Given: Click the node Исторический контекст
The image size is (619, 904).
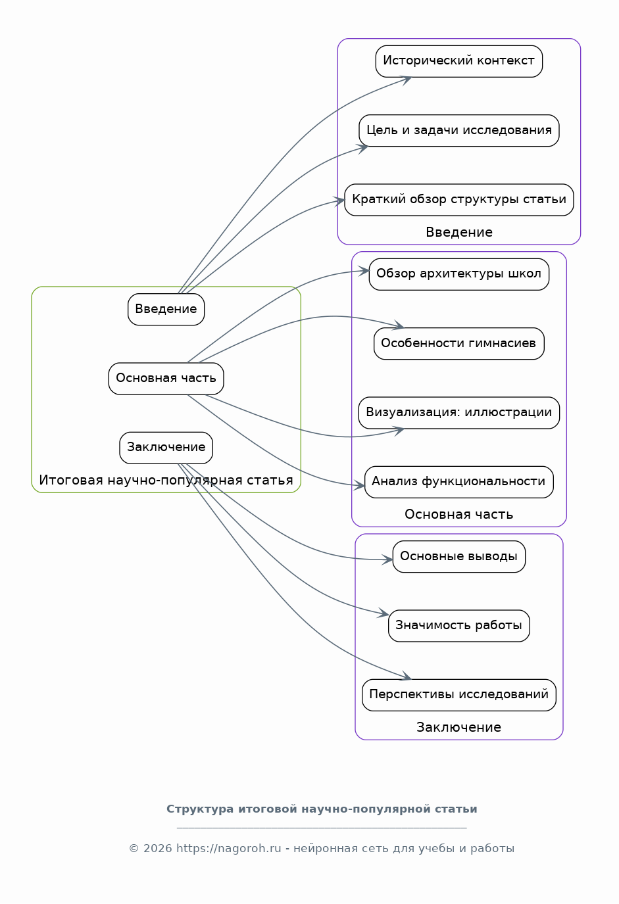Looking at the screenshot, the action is coord(458,61).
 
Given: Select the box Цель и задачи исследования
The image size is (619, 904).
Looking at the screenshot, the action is coord(458,130).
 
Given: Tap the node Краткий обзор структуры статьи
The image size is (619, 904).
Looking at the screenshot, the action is coord(458,200).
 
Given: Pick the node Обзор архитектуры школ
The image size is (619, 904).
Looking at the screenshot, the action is coord(458,274).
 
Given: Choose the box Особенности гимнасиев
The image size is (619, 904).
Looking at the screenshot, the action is coord(458,343).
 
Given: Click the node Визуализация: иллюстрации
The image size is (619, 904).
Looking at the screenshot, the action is coord(458,413).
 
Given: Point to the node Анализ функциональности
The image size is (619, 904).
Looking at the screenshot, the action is coord(458,482).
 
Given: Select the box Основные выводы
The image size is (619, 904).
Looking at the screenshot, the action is coord(458,556).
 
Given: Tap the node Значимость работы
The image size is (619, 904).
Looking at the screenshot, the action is coord(458,625).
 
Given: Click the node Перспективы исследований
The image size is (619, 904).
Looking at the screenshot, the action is coord(458,695).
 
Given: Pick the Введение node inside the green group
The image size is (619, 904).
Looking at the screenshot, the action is coord(166,310).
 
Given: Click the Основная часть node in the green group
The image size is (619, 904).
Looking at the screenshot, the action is coord(166,379).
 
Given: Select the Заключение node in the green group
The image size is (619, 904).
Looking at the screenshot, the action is coord(166,448).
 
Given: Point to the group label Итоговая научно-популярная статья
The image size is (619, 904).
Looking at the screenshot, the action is coord(166,480).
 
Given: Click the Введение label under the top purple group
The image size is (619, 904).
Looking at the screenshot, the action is coord(459,233).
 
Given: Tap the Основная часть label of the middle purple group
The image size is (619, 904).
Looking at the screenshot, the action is coord(458,515).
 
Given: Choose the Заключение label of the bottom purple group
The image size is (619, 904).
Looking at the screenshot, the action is coord(458,727).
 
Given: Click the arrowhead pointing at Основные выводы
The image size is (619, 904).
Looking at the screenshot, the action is coord(387,559).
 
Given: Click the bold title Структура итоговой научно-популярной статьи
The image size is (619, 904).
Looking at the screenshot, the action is coord(322,809).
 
